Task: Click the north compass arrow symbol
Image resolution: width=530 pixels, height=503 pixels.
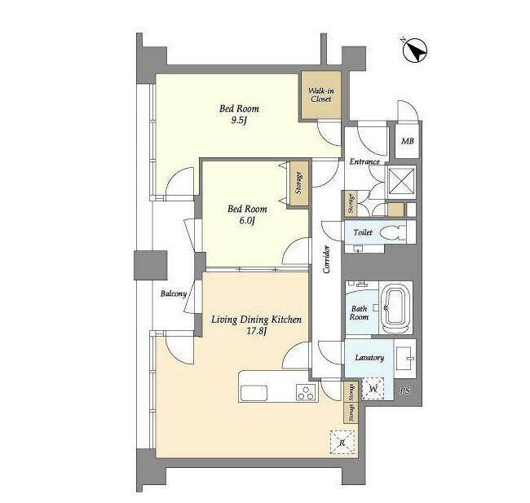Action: [x=415, y=51]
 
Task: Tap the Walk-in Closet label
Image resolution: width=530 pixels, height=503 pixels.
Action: [x=320, y=95]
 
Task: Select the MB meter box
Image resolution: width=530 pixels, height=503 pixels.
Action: [x=407, y=140]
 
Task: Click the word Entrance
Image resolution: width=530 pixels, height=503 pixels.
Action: [x=364, y=161]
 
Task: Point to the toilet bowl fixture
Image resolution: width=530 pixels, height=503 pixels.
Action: [x=392, y=232]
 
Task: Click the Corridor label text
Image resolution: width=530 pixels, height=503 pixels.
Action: [x=326, y=259]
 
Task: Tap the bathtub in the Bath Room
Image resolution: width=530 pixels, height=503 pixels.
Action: [x=395, y=307]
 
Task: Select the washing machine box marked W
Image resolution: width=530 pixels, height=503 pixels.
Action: [x=373, y=388]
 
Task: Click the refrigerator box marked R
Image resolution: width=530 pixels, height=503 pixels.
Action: [x=342, y=442]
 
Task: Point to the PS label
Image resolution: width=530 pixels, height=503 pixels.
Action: [x=404, y=390]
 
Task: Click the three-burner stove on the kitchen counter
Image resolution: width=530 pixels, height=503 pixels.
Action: [x=307, y=392]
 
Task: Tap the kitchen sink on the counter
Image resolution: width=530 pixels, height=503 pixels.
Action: [x=254, y=393]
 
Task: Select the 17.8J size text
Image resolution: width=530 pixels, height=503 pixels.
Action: [x=257, y=331]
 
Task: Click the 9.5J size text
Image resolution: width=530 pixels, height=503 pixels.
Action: [x=239, y=120]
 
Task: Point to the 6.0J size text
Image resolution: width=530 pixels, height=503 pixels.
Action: [x=247, y=220]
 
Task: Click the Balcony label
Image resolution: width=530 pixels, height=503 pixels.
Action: [x=174, y=293]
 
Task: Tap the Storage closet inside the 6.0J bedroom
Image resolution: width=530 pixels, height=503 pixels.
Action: [x=298, y=183]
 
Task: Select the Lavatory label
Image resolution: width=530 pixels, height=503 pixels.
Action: [x=369, y=358]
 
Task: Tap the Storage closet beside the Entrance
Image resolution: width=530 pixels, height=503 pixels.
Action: [x=351, y=203]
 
